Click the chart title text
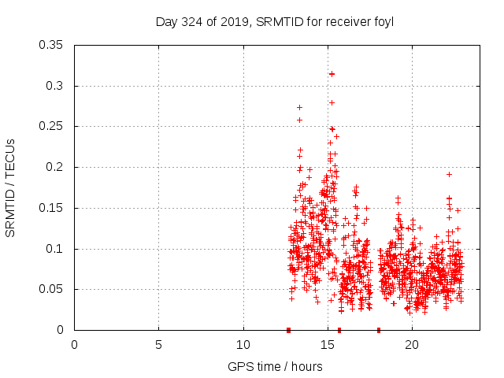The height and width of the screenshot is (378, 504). pyautogui.click(x=275, y=21)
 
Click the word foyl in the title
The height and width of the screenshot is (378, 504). pyautogui.click(x=383, y=21)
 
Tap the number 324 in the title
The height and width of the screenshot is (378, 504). pyautogui.click(x=191, y=21)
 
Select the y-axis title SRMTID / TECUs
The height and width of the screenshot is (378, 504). pyautogui.click(x=11, y=187)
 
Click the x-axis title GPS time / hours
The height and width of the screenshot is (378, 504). pyautogui.click(x=275, y=366)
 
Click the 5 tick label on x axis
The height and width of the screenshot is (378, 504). pyautogui.click(x=158, y=345)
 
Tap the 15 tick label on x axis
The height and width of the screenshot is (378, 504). pyautogui.click(x=327, y=345)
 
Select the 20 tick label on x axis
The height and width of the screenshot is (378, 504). pyautogui.click(x=411, y=345)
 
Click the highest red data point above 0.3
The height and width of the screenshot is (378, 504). pyautogui.click(x=332, y=74)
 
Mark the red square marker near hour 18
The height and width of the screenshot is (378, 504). pyautogui.click(x=379, y=330)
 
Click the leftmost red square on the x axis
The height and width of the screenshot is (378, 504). pyautogui.click(x=288, y=330)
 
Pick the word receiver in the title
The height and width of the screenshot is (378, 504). pyautogui.click(x=346, y=21)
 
